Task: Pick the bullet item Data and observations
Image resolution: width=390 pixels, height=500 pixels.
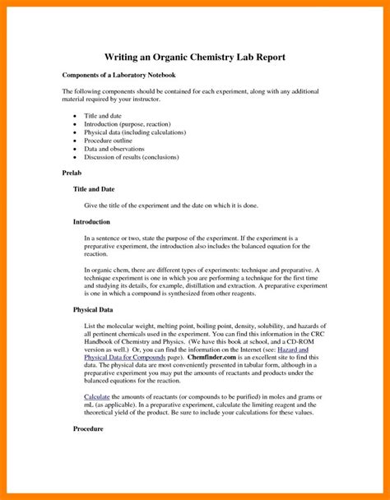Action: tap(120, 149)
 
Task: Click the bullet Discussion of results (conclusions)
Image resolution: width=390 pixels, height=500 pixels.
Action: tap(137, 157)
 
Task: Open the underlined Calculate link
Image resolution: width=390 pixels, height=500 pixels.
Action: tap(98, 396)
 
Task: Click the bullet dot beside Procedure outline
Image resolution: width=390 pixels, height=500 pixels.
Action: tap(75, 141)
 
